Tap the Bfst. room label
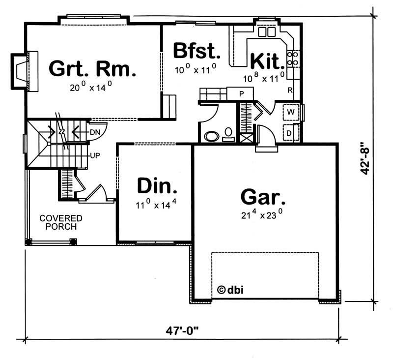pos(195,51)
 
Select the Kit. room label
pos(268,61)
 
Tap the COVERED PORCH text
pos(61,222)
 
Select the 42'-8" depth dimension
pos(364,159)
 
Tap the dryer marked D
pos(290,132)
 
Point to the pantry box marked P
pos(242,93)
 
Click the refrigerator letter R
pos(290,90)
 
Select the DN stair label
pos(95,132)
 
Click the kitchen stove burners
pos(293,59)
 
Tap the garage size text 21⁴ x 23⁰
pos(262,214)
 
